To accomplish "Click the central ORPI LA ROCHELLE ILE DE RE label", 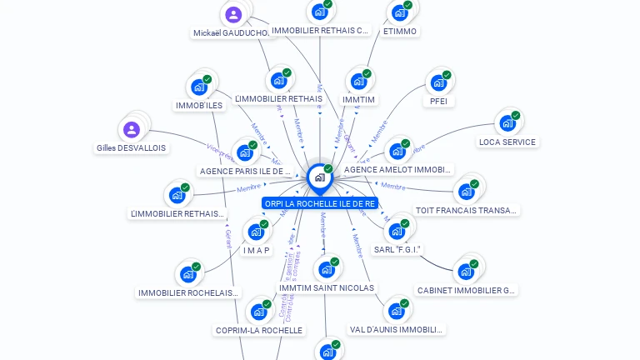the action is (x=320, y=202).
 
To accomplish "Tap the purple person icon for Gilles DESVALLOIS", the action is (x=131, y=129).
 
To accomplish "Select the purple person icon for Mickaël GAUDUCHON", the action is (x=233, y=14).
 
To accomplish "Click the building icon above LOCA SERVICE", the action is (x=507, y=123).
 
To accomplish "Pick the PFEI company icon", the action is (x=437, y=82).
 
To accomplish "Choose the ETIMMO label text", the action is (x=399, y=31).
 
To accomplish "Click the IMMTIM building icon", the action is (x=358, y=81).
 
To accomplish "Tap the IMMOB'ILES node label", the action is (x=199, y=105).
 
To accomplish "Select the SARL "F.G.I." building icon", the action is (x=396, y=231).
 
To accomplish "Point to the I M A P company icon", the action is (x=256, y=232).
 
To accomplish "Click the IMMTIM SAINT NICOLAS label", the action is (x=327, y=287).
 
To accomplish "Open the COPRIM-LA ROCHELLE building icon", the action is (x=259, y=312).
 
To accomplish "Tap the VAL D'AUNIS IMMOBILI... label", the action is (x=396, y=329).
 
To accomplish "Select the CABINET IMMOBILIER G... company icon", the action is (x=465, y=272).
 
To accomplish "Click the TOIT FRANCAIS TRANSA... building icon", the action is (x=466, y=192).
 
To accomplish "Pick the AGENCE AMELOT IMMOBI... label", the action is (x=397, y=169).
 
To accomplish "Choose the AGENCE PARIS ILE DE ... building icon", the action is (x=245, y=152).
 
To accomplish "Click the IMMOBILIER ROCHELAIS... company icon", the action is (x=187, y=274).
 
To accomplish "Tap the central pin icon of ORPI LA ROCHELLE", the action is (x=319, y=177).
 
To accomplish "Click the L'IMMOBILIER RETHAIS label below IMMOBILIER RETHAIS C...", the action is (x=278, y=98).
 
